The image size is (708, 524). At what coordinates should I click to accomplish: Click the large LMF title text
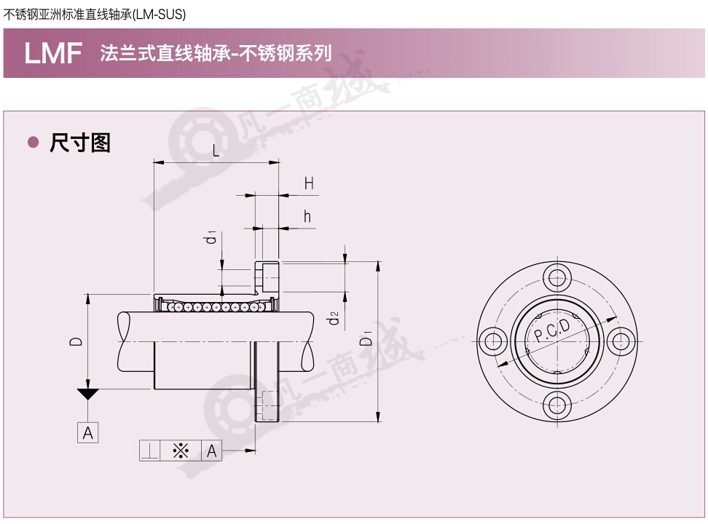[x=53, y=53]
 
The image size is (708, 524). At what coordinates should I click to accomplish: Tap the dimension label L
[x=216, y=150]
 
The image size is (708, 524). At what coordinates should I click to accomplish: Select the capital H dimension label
[x=309, y=183]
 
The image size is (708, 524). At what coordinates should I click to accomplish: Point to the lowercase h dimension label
[x=307, y=217]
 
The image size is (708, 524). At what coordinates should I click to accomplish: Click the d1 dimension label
[x=211, y=237]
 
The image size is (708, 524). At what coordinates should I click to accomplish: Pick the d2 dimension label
[x=333, y=318]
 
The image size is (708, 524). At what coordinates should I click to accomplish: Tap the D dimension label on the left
[x=76, y=341]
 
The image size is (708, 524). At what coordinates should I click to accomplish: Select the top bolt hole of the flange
[x=557, y=277]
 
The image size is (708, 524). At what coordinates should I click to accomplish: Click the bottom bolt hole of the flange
[x=557, y=405]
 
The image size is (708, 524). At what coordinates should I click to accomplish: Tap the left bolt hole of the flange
[x=493, y=341]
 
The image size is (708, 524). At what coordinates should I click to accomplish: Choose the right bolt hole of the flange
[x=621, y=341]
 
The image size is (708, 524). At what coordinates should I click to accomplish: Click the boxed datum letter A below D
[x=87, y=433]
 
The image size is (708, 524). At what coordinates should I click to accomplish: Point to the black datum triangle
[x=87, y=394]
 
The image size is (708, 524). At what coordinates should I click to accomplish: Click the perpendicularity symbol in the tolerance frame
[x=149, y=451]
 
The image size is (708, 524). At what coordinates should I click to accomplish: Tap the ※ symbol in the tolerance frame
[x=181, y=451]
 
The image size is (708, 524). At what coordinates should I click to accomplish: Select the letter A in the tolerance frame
[x=211, y=451]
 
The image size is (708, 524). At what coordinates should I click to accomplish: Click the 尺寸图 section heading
[x=80, y=143]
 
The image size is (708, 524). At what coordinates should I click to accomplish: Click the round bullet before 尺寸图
[x=33, y=143]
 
